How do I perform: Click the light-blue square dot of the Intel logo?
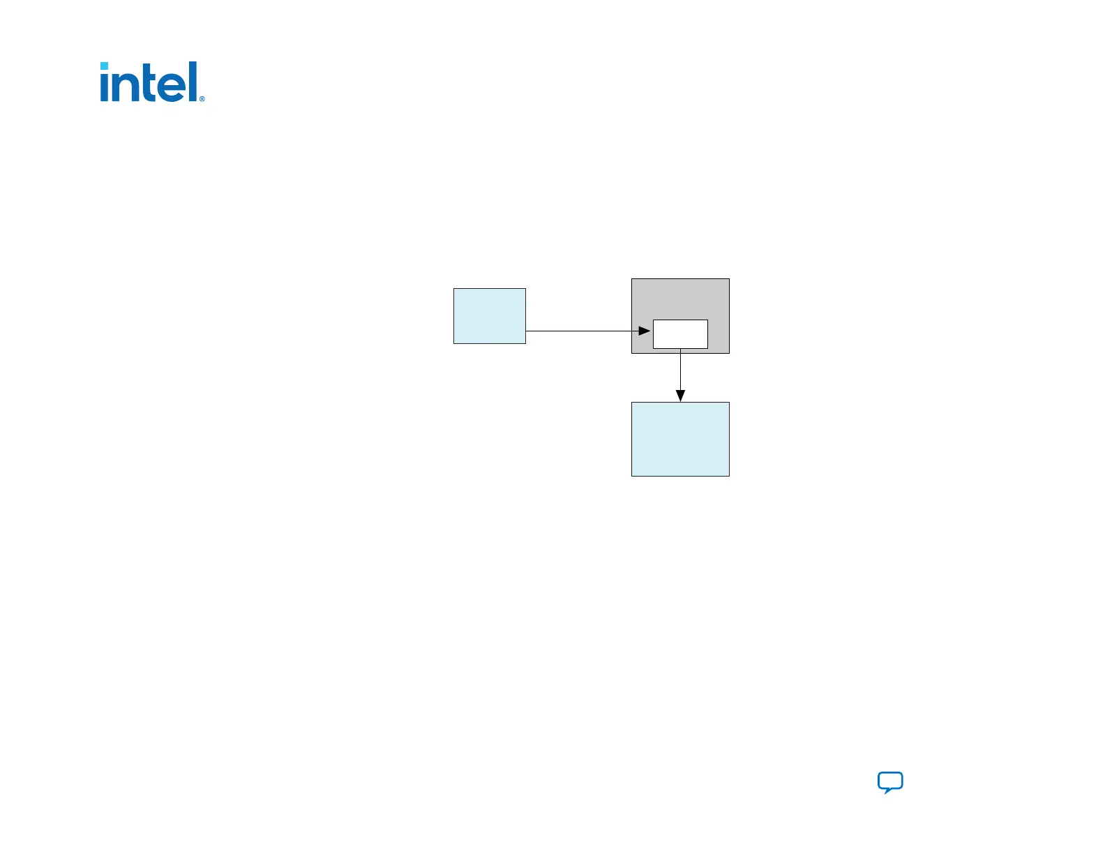105,66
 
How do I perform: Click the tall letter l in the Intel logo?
193,81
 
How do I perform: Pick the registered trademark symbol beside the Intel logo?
202,99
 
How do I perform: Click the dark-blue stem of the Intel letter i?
105,88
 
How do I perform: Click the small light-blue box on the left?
489,315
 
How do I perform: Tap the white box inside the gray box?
680,334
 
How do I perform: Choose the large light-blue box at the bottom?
680,439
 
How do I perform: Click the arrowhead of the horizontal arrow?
645,331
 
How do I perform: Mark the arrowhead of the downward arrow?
680,396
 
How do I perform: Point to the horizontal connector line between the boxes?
579,331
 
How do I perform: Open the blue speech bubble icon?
890,781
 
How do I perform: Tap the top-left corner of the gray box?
632,279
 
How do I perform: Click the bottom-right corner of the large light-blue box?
729,476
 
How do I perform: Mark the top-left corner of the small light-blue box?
454,289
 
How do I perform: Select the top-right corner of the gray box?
729,279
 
